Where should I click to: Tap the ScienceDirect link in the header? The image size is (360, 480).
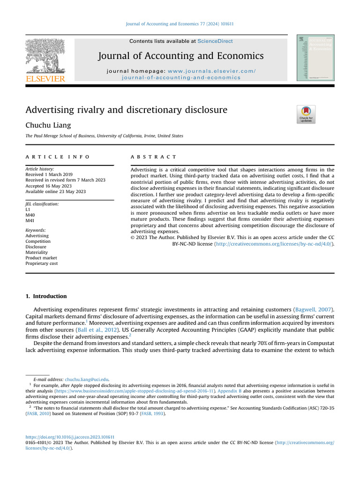pos(215,41)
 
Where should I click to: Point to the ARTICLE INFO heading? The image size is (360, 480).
pos(57,157)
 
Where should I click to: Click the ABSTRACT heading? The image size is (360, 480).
pos(153,157)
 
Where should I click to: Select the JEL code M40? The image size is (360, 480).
pos(30,215)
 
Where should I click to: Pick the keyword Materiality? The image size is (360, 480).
pos(37,252)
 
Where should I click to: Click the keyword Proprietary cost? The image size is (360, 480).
pos(42,263)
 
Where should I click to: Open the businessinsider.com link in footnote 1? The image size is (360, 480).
pos(135,390)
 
